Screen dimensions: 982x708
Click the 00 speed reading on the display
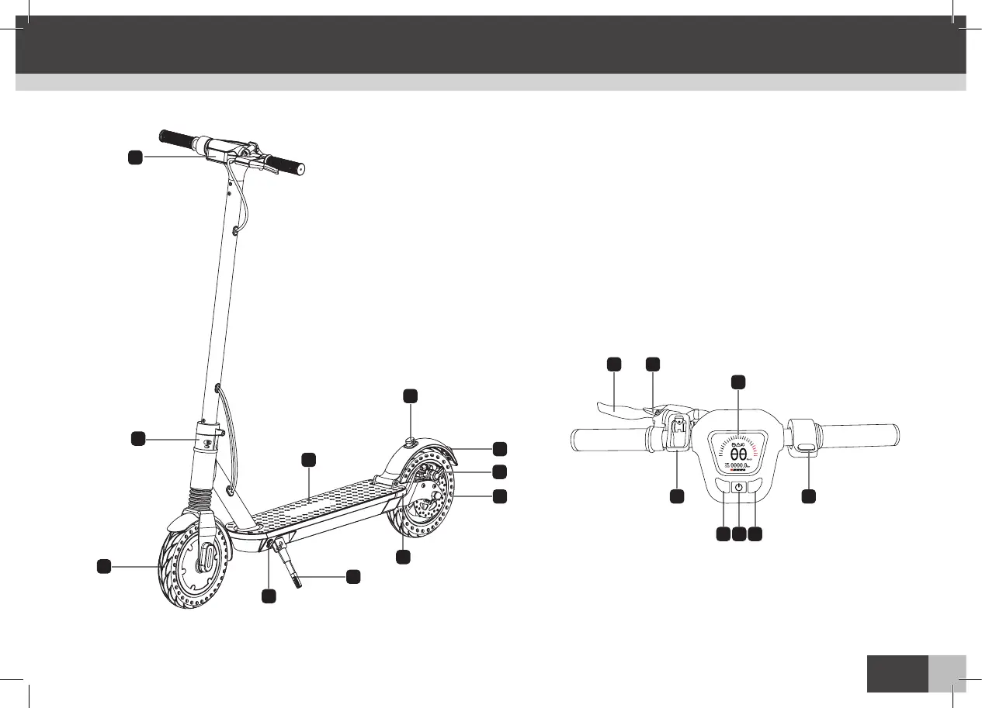739,454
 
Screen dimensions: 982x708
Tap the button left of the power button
723,488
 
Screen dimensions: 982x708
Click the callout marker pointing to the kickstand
353,576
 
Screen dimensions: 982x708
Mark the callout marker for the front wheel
102,567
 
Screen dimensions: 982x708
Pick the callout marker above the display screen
739,382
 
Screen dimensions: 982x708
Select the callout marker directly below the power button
739,534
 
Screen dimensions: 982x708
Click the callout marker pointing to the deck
308,460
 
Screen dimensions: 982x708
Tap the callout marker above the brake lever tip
613,364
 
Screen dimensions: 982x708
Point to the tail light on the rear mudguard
408,442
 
